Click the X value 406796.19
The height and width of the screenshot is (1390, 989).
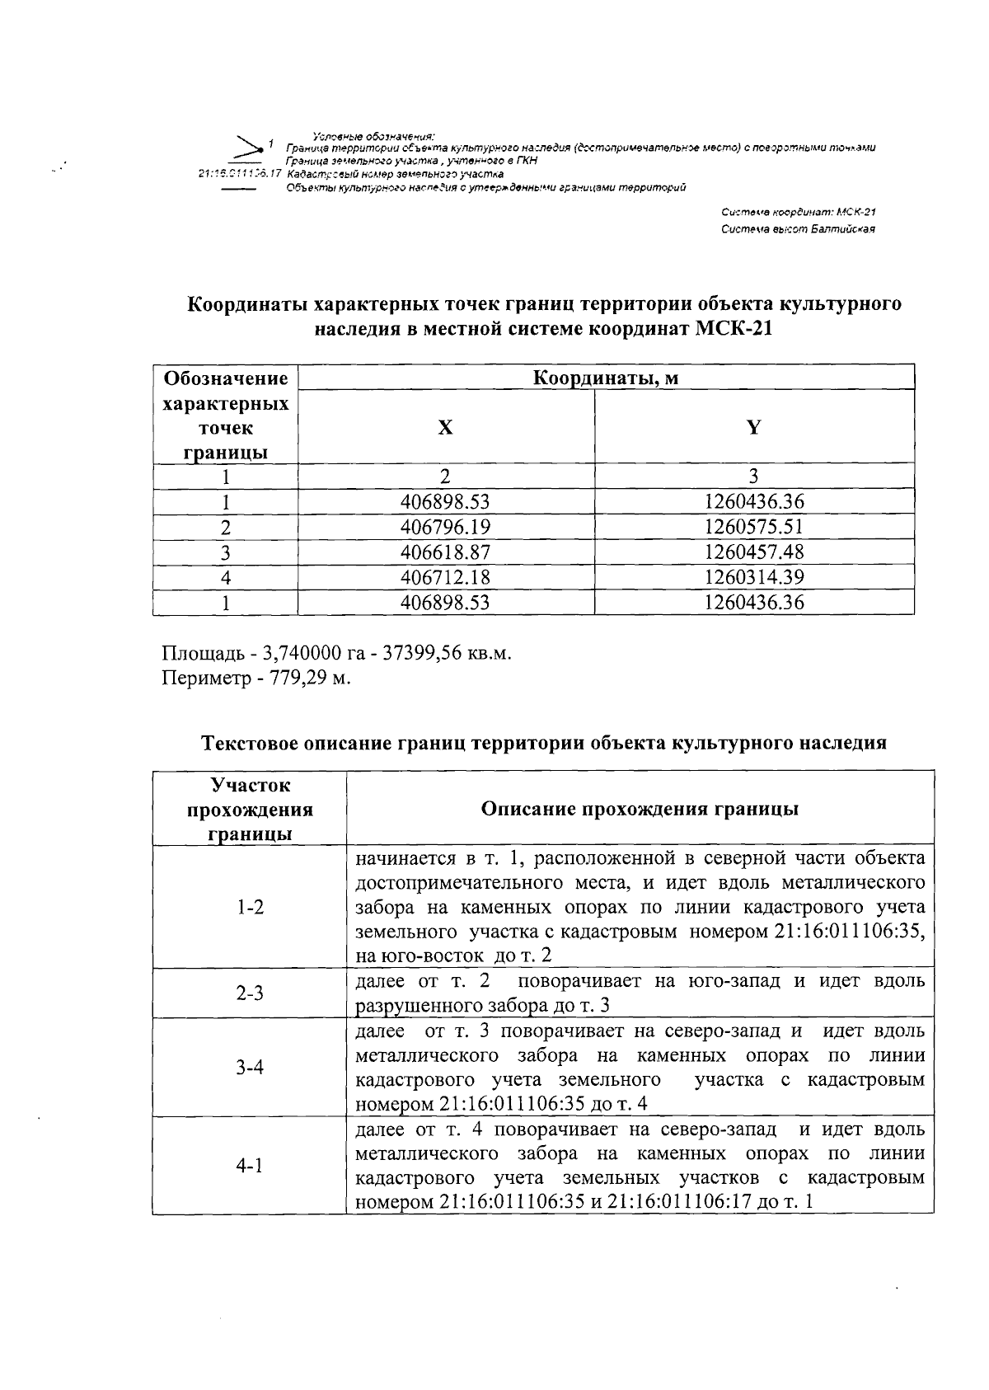445,527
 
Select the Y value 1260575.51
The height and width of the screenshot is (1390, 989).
754,527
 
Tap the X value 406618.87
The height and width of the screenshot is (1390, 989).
445,552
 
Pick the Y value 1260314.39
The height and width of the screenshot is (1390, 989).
754,577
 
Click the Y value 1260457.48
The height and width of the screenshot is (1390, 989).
754,552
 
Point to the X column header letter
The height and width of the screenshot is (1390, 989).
445,427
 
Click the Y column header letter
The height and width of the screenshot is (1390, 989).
753,427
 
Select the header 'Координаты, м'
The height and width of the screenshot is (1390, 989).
606,378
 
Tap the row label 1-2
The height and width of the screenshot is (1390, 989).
250,908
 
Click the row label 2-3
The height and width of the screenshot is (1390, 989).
250,993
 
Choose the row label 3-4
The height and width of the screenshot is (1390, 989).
250,1068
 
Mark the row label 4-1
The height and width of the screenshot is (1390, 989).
250,1166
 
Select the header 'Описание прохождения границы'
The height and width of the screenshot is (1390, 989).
640,809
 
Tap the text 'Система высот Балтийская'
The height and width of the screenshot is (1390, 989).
797,229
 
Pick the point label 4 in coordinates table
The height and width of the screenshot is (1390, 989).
226,577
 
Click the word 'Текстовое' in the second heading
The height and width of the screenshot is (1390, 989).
251,743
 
